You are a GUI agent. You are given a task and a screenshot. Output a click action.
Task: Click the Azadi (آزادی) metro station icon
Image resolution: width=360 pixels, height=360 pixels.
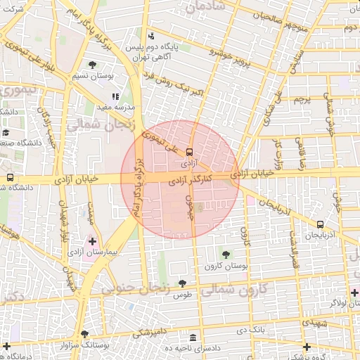click(x=190, y=151)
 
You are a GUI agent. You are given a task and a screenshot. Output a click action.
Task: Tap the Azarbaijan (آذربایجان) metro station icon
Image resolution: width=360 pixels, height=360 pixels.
click(x=321, y=224)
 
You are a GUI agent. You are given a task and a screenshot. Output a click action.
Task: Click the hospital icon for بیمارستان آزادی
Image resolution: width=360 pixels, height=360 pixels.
click(x=92, y=241)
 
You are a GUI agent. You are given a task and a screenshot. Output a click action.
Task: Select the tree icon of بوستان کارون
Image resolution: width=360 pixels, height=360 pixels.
click(x=225, y=255)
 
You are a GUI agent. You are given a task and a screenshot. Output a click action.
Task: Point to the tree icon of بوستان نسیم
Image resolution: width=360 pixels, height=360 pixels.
click(x=92, y=65)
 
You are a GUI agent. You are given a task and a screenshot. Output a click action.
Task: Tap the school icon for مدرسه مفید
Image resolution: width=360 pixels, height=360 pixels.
click(x=116, y=97)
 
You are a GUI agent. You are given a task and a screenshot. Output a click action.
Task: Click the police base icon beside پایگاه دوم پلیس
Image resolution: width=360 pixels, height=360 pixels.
click(x=151, y=37)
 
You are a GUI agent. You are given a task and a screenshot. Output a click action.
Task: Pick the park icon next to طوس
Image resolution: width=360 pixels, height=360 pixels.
click(x=183, y=283)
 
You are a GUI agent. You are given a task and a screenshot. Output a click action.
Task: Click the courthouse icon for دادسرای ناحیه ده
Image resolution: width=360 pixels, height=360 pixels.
click(x=193, y=337)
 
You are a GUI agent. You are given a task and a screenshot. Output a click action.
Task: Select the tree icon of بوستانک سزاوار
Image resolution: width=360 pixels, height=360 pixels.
click(x=85, y=335)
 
